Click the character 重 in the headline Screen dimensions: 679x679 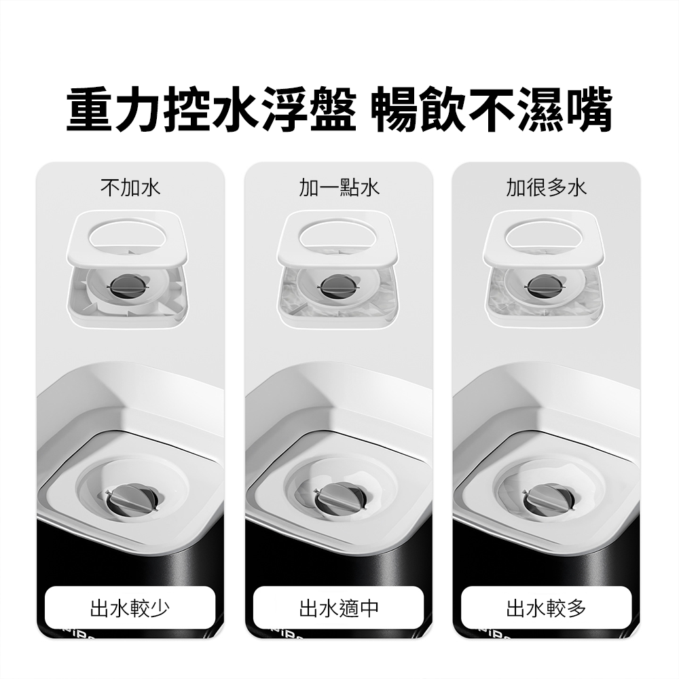point(91,109)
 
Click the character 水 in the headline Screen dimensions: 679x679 point(236,109)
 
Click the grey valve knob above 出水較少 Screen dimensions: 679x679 point(132,499)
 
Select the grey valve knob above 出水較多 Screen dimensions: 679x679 point(548,499)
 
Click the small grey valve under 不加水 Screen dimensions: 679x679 point(127,286)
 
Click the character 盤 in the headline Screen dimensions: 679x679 point(333,109)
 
